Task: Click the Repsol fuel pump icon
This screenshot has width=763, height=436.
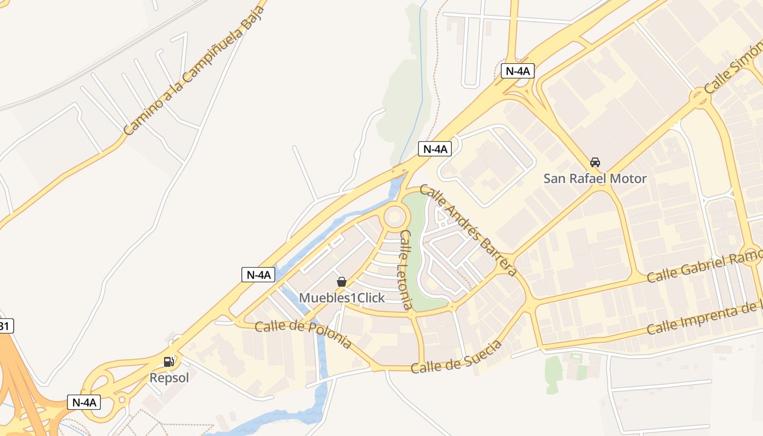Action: (x=169, y=361)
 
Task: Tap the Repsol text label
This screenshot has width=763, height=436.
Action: (x=169, y=377)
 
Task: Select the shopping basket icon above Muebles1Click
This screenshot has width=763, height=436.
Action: (x=342, y=282)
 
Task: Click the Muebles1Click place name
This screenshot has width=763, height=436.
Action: (x=342, y=298)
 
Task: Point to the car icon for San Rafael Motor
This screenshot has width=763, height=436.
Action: (x=595, y=162)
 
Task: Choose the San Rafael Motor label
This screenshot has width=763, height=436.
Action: (x=595, y=178)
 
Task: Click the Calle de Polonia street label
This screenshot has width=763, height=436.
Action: (x=303, y=334)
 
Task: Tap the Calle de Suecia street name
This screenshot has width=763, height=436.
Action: (x=456, y=357)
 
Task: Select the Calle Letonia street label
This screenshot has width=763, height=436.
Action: (x=406, y=270)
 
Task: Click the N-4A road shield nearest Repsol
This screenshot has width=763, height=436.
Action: (x=84, y=402)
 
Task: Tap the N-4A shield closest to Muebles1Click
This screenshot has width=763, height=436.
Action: (x=258, y=275)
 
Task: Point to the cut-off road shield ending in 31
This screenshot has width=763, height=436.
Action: (x=5, y=326)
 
